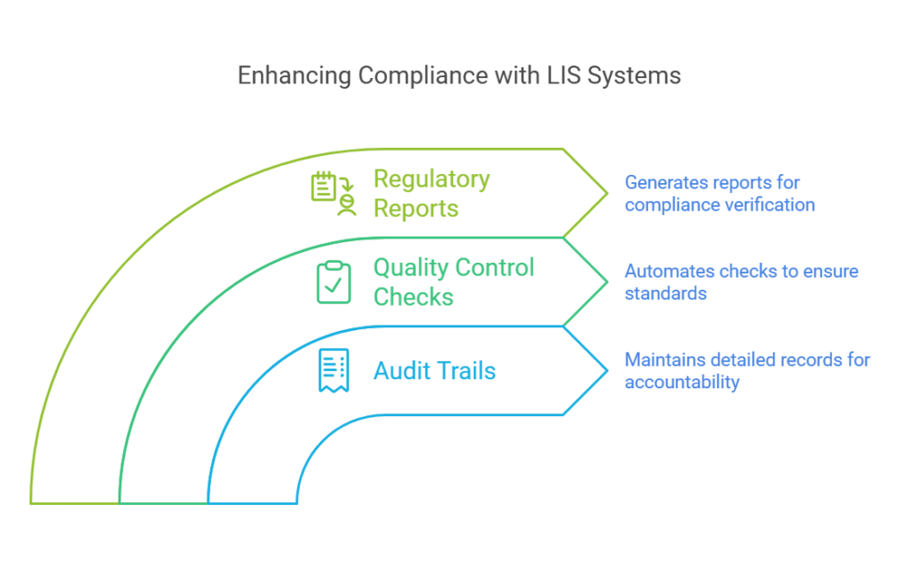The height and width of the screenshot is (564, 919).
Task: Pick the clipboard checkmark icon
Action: coord(334,282)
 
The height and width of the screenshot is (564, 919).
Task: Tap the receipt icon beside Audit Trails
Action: coord(334,370)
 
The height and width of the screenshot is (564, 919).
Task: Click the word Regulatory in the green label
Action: coord(432,178)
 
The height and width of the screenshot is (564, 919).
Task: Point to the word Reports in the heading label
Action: coord(416,208)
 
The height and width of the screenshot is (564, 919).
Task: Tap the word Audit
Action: coord(401,371)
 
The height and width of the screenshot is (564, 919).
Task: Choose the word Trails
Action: coord(464,371)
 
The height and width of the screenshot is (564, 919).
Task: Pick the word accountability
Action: coord(681,383)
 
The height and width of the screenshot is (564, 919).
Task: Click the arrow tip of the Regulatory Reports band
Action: coord(607,193)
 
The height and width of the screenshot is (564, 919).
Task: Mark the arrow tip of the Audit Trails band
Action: coord(607,370)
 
